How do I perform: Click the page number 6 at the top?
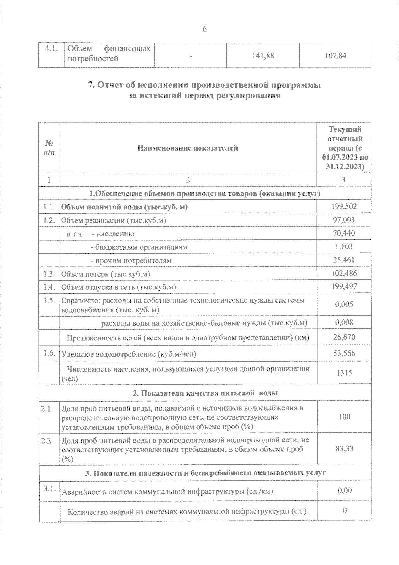(x=205, y=29)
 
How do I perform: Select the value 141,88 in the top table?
(x=263, y=56)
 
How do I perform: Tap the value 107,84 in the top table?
(x=335, y=56)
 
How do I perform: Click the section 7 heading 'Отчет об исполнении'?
(x=204, y=85)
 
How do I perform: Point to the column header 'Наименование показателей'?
(x=188, y=148)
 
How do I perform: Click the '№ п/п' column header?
(x=49, y=148)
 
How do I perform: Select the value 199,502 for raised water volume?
(x=344, y=207)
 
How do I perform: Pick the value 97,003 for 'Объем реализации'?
(x=344, y=220)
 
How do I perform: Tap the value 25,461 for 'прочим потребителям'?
(x=344, y=260)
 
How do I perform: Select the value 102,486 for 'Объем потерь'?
(x=344, y=273)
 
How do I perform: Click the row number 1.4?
(x=49, y=287)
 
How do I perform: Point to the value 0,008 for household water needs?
(x=344, y=322)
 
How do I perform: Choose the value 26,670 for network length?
(x=344, y=337)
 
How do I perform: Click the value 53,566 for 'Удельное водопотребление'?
(x=344, y=353)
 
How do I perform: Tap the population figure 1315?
(x=344, y=373)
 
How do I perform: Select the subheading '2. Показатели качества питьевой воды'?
(x=205, y=393)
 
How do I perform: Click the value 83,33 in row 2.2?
(x=344, y=448)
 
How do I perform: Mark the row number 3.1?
(x=49, y=489)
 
